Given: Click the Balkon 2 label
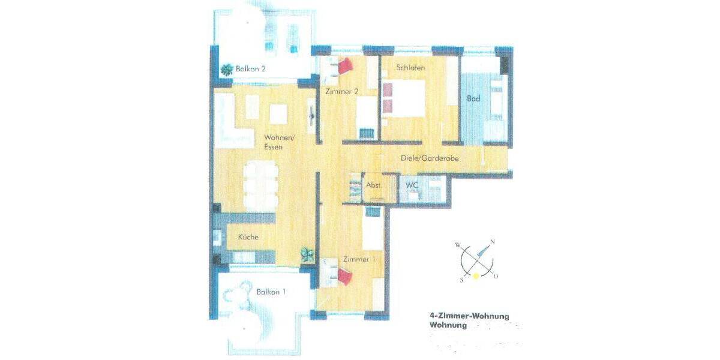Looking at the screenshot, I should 251,69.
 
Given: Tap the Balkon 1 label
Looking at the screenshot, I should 271,292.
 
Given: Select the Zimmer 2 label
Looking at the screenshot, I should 342,92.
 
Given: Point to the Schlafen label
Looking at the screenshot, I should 410,68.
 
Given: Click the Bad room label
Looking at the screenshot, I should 473,99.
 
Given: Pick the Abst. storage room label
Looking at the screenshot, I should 374,185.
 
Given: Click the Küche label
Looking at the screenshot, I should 248,237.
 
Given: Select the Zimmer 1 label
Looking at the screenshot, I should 359,259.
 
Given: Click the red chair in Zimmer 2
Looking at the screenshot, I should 346,65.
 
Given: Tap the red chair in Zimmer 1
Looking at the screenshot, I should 344,277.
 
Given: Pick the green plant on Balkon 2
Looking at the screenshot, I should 227,70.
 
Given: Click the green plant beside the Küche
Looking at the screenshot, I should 307,254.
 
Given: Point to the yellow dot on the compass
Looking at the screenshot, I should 476,275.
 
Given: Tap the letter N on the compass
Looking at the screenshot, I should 492,242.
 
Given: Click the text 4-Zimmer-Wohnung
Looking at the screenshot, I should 469,316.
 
